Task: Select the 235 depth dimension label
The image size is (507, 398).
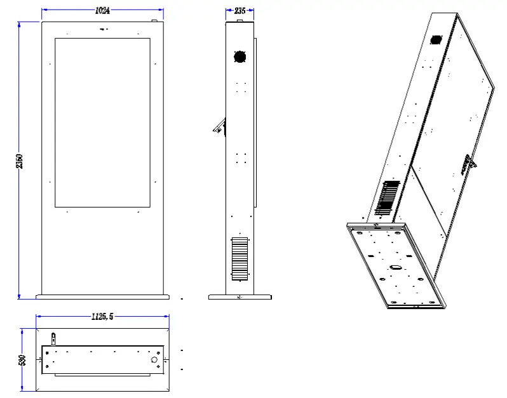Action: (x=240, y=11)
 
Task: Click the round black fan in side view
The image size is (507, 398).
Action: (x=240, y=56)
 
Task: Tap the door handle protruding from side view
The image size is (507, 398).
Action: (x=219, y=126)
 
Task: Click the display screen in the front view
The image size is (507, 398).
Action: (x=102, y=123)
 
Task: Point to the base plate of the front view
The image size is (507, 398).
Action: (x=102, y=296)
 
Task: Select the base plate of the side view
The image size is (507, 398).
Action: (x=240, y=297)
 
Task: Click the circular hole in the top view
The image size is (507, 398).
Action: (x=154, y=359)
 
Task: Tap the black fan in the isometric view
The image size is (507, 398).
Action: (x=435, y=40)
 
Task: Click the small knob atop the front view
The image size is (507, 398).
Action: (x=154, y=20)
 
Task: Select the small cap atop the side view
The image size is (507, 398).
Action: (x=240, y=20)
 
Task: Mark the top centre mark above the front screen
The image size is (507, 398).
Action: (x=103, y=29)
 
